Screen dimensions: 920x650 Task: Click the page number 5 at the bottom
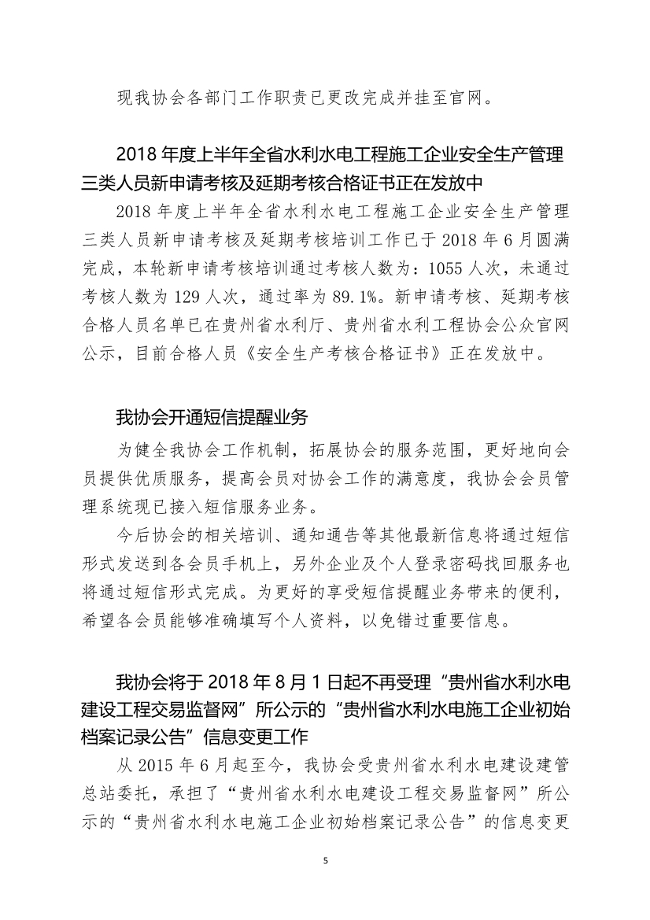coord(325,861)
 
